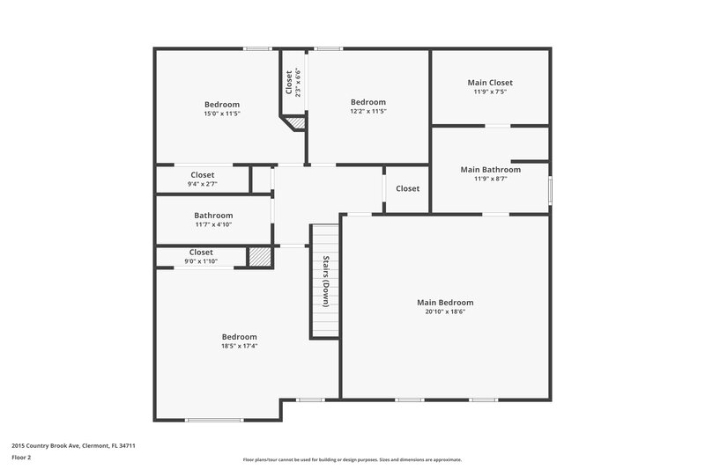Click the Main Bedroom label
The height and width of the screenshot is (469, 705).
pos(445,302)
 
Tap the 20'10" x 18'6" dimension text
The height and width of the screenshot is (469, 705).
pos(445,311)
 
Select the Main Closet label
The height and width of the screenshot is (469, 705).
pos(490,83)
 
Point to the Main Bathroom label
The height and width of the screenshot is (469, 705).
pos(490,169)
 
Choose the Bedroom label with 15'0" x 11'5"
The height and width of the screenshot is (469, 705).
pos(221,104)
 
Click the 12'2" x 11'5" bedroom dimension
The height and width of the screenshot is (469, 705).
pos(367,112)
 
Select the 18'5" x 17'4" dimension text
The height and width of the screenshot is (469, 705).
pos(239,346)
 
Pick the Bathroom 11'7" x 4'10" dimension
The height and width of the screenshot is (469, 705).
pos(213,224)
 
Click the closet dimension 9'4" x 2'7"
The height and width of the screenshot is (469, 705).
pos(202,184)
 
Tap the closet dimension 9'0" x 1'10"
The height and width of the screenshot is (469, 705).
pos(201,260)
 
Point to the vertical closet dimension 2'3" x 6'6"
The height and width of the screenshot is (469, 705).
pos(298,82)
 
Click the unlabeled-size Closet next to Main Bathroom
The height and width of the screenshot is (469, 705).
pos(407,188)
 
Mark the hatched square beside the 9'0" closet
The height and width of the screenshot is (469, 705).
pos(259,257)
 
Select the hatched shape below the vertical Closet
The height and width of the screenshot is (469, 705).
pos(298,124)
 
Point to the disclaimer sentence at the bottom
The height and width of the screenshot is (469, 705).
pos(352,459)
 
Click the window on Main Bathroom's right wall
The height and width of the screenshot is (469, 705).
pos(550,189)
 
